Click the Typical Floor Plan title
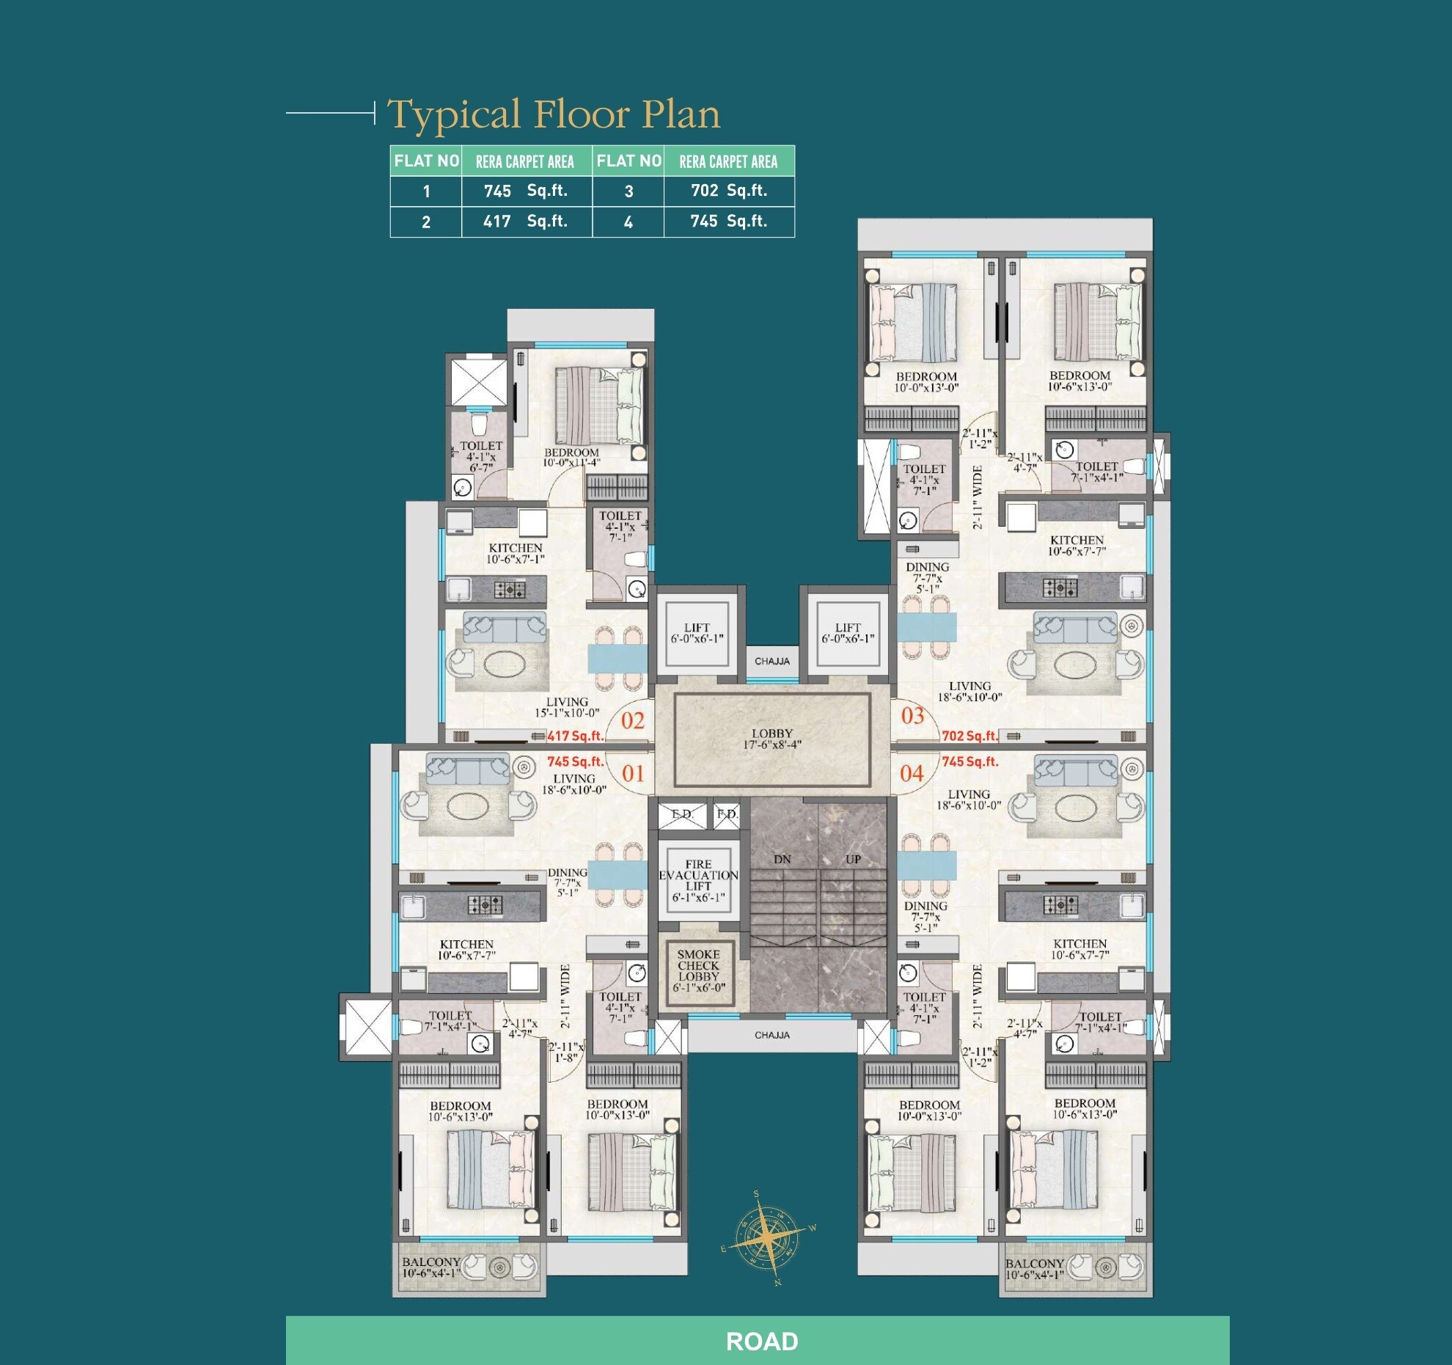click(554, 114)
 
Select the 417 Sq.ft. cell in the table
click(526, 222)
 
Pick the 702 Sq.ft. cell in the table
click(729, 191)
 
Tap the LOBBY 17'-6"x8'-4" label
click(771, 739)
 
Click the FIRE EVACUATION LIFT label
click(698, 880)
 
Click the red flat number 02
click(632, 721)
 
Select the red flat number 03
click(912, 716)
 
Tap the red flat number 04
click(912, 773)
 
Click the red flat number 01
click(632, 773)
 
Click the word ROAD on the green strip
click(761, 1342)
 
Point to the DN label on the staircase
click(782, 859)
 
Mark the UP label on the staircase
click(853, 859)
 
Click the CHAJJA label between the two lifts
click(772, 661)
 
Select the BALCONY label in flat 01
click(431, 1267)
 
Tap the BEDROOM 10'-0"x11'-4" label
click(571, 458)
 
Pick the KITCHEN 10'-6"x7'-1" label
click(516, 554)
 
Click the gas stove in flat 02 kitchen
click(509, 589)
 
